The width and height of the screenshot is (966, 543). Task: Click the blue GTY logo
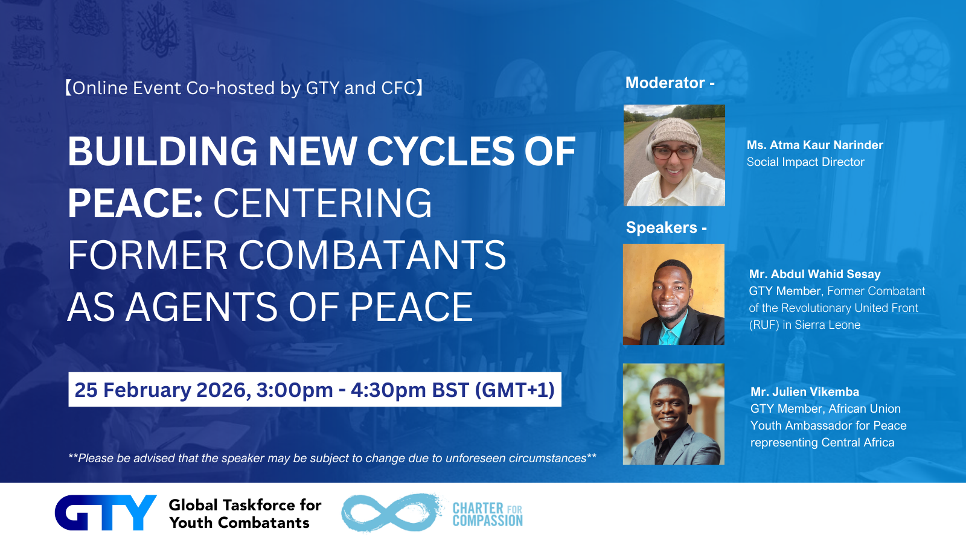(106, 512)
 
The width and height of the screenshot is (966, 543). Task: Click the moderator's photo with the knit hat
(674, 155)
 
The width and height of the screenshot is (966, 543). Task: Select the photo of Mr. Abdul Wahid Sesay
(674, 294)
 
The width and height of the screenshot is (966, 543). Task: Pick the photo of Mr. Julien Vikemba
(674, 414)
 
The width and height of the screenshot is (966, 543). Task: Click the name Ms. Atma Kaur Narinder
(814, 145)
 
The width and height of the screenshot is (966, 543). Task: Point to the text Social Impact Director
(805, 162)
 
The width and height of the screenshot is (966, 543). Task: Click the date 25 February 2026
(162, 390)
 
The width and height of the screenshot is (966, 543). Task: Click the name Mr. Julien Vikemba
(805, 392)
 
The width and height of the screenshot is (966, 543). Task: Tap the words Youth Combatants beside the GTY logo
(239, 522)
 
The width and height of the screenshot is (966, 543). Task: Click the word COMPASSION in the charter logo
(487, 521)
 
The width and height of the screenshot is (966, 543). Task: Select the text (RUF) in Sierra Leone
(805, 325)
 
